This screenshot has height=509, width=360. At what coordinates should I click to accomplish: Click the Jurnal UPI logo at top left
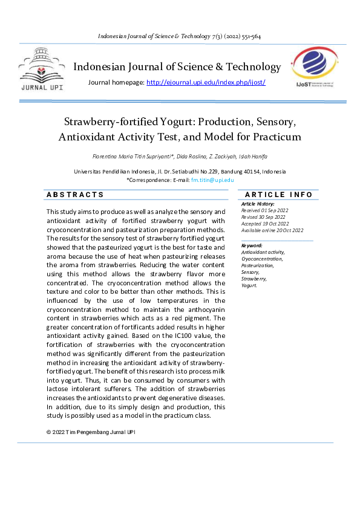(41, 72)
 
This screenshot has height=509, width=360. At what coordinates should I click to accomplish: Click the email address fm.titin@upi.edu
(212, 180)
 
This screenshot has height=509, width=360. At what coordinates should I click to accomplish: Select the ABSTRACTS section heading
(75, 195)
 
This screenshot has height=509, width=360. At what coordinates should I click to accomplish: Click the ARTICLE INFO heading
(278, 195)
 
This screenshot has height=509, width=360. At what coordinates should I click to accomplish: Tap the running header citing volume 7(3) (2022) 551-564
(179, 36)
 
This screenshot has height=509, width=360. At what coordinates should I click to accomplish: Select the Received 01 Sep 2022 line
(265, 210)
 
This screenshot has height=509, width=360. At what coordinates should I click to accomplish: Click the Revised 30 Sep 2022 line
(264, 217)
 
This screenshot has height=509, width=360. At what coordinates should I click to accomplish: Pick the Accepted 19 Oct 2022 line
(265, 224)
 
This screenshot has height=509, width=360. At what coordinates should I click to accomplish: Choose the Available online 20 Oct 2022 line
(272, 230)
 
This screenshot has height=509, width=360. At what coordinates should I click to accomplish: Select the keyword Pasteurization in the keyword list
(258, 265)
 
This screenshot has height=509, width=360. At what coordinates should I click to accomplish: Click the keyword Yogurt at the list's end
(249, 285)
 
